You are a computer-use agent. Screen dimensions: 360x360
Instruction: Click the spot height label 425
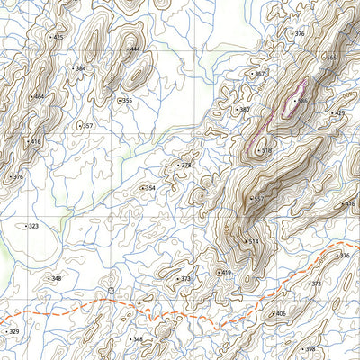58,38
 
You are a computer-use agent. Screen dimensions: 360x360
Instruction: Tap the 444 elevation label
135,49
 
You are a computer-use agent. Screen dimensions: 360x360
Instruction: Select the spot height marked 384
81,68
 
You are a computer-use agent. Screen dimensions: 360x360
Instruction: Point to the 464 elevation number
39,96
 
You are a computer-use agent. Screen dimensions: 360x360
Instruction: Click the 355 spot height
127,101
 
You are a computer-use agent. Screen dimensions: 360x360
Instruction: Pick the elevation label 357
87,126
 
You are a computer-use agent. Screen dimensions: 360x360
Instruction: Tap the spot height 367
259,74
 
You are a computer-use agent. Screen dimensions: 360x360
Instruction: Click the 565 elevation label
331,58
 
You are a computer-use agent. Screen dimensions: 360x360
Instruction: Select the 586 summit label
302,101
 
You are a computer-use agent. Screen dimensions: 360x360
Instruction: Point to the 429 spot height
339,113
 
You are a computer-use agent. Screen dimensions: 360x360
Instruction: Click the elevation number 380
243,110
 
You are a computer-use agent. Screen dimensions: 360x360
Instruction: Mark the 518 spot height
265,150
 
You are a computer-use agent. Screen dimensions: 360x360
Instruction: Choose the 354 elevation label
150,188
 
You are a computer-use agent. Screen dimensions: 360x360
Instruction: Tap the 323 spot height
33,227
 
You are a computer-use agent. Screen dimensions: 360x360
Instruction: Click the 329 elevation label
13,332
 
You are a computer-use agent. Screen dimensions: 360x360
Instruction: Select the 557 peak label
258,198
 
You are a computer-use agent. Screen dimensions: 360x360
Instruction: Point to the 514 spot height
254,241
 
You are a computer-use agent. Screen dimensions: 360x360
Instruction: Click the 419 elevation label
226,273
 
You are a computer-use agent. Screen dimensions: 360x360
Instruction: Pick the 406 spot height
280,313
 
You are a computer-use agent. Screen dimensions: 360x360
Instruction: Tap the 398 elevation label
310,348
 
